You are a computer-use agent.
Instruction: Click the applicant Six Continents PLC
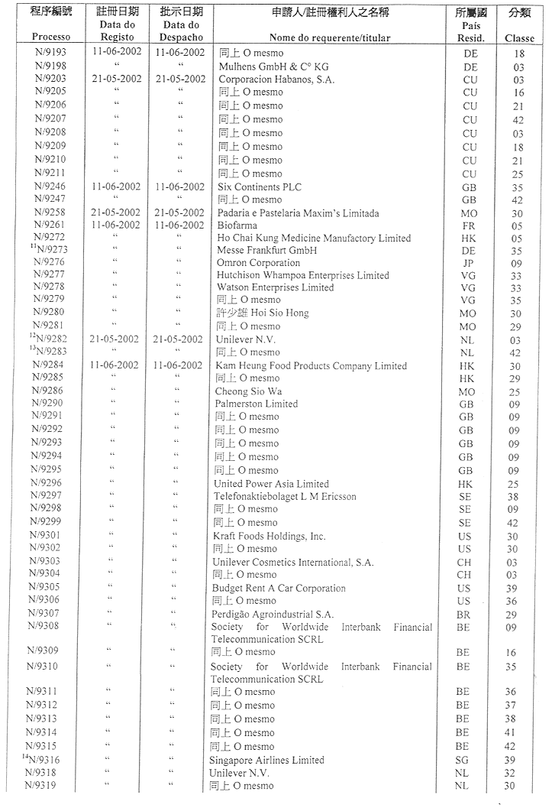coord(260,187)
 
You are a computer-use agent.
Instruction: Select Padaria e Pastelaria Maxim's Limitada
coord(298,213)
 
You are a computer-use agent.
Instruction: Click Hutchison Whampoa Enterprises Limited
coord(302,275)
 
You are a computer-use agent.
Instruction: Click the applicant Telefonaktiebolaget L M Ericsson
coord(284,496)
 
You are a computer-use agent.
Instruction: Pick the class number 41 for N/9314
coord(510,732)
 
